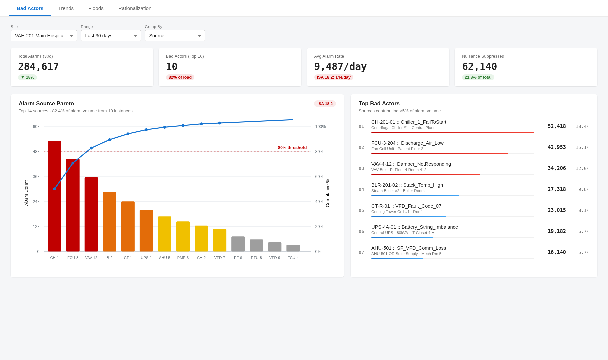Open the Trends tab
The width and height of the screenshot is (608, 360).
66,8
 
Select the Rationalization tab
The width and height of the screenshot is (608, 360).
135,8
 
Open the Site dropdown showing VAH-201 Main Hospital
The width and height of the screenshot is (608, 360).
44,36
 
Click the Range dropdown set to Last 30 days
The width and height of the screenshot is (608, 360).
111,36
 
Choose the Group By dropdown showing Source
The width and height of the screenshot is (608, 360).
175,36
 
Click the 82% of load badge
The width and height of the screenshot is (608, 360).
180,77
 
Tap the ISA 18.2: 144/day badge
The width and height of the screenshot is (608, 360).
334,77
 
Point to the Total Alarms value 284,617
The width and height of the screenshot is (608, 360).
38,67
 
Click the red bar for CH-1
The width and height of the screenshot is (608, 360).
54,196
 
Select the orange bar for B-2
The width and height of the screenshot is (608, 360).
110,222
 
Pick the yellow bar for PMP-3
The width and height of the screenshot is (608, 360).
183,236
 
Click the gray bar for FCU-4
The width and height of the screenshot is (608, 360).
293,248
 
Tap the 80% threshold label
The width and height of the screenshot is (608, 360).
292,148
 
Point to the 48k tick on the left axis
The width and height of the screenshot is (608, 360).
36,152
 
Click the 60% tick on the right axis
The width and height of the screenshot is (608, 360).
319,177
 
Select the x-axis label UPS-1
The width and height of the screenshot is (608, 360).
146,258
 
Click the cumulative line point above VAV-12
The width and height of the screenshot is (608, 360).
91,148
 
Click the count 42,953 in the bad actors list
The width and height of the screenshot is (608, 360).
557,147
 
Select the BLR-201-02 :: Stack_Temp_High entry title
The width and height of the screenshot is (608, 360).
407,185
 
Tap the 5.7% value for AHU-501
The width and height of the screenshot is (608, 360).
584,252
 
